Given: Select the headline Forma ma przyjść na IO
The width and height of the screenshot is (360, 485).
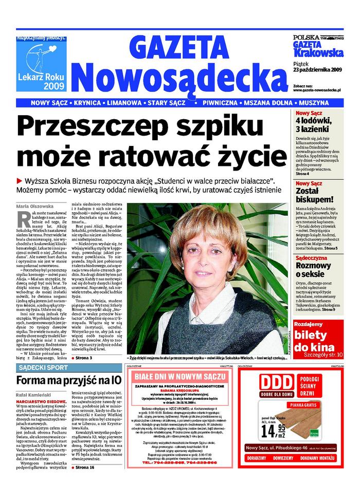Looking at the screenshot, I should click(69, 381).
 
